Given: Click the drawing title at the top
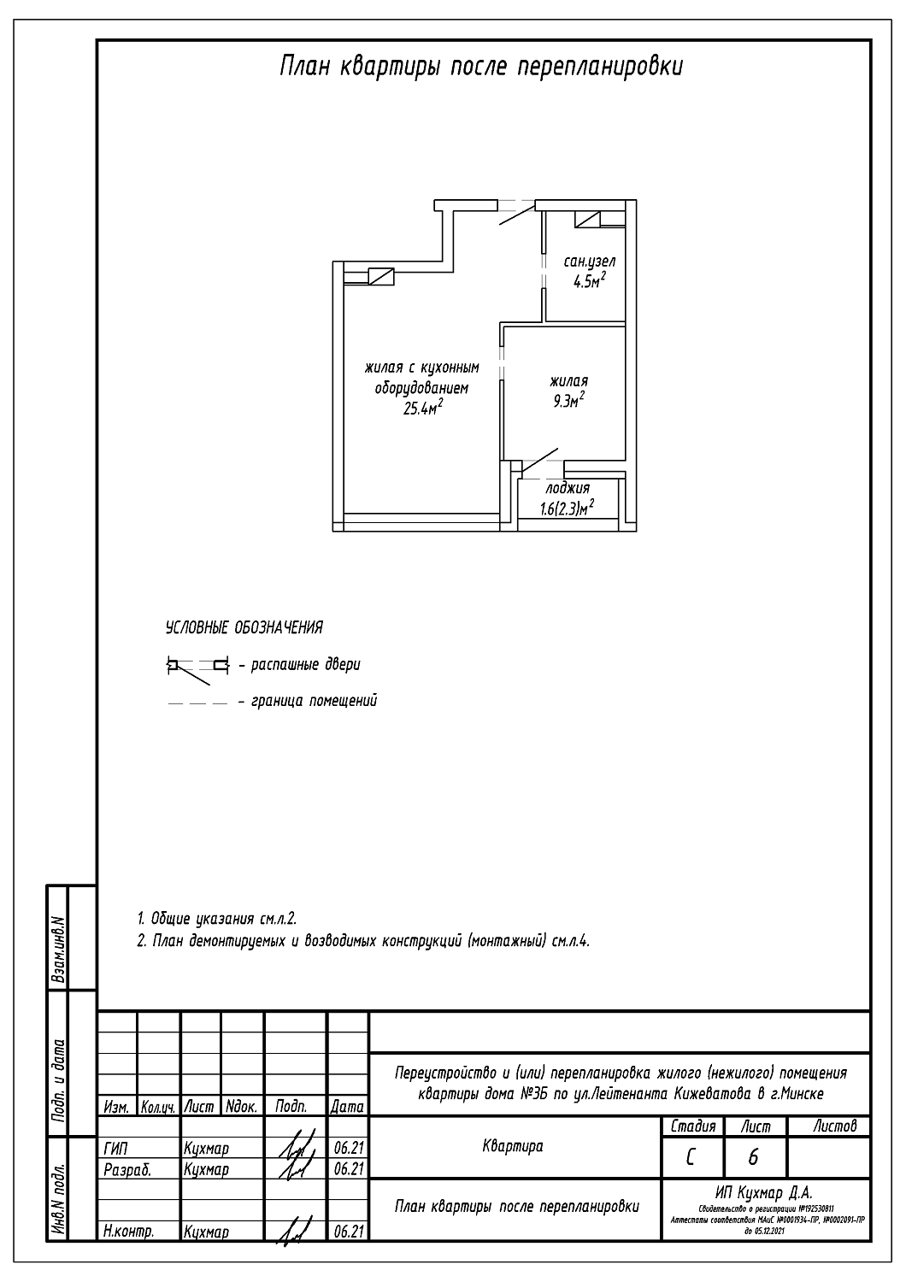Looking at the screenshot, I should pyautogui.click(x=481, y=68).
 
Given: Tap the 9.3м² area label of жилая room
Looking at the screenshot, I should pyautogui.click(x=568, y=401).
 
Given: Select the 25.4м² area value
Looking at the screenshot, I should pyautogui.click(x=422, y=409).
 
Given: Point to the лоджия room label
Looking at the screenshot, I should pyautogui.click(x=568, y=489).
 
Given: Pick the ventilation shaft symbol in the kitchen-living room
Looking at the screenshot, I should pyautogui.click(x=381, y=276).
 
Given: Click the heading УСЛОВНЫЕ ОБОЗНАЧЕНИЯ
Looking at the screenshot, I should pyautogui.click(x=244, y=629).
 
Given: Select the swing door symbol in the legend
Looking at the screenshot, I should pyautogui.click(x=197, y=667).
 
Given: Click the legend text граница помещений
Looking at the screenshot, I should pyautogui.click(x=314, y=701).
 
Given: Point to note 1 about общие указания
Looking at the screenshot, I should pyautogui.click(x=217, y=919).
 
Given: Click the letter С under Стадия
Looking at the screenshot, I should pyautogui.click(x=691, y=1157).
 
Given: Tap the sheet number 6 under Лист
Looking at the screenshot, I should pyautogui.click(x=753, y=1157).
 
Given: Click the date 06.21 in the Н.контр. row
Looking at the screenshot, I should pyautogui.click(x=346, y=1232).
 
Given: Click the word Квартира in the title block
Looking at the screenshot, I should pyautogui.click(x=513, y=1146).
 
